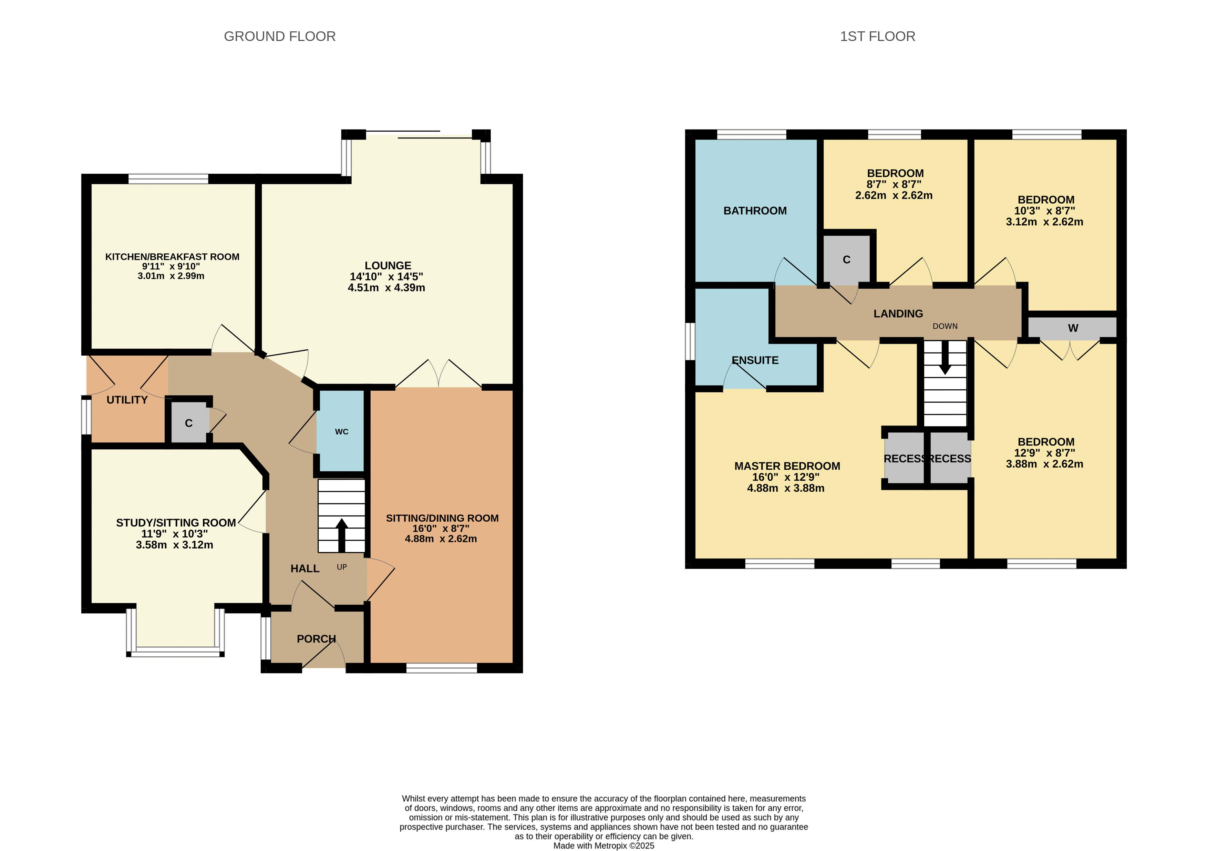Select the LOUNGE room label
click(x=388, y=266)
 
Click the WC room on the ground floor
click(x=341, y=431)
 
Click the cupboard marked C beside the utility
click(x=189, y=423)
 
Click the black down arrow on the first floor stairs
click(x=945, y=358)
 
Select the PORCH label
click(x=316, y=639)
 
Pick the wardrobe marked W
click(x=1072, y=327)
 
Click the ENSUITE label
click(x=755, y=360)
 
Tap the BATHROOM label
click(x=755, y=211)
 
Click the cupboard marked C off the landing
click(x=846, y=259)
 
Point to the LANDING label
click(x=898, y=314)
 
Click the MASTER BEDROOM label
click(x=787, y=466)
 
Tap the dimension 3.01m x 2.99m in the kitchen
click(x=171, y=276)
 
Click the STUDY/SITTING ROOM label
click(x=176, y=523)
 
